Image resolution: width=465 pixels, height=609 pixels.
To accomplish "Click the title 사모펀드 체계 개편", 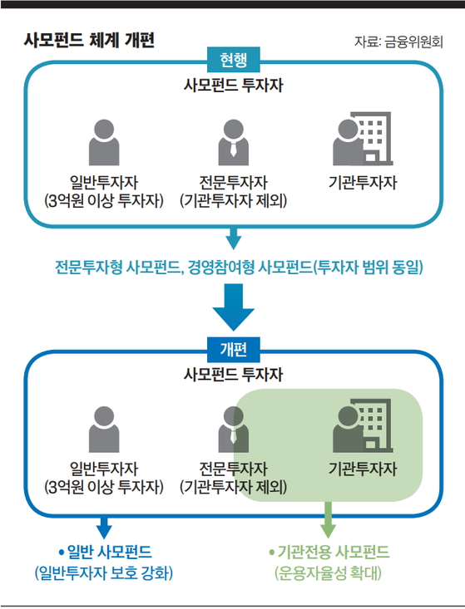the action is coord(90,40).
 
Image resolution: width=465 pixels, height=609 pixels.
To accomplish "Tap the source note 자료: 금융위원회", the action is coord(398,42).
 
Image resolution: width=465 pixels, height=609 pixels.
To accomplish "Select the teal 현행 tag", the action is coord(233,60).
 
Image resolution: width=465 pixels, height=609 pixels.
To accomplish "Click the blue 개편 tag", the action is coord(233,349).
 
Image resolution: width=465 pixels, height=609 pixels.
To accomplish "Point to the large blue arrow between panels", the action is coord(233,307).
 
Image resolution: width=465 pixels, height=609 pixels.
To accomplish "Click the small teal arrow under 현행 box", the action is coord(233,238).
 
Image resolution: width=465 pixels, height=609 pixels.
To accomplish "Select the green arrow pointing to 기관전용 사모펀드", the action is coord(328,519).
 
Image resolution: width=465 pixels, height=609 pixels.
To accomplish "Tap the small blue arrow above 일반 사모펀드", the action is coord(104,528).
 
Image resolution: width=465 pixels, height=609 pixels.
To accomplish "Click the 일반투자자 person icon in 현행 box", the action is coord(104,143).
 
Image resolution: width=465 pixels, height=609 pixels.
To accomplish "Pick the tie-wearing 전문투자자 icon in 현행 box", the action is coord(233,143).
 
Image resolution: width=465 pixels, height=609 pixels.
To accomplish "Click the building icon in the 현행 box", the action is coord(363,139).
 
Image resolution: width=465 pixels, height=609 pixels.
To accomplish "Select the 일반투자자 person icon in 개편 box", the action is coord(104,430).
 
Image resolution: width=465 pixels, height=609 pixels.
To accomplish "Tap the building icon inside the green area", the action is coord(363,425).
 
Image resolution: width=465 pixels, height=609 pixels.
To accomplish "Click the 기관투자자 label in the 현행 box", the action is coord(363,182).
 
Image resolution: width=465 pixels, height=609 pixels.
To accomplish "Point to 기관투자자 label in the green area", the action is coord(363,469).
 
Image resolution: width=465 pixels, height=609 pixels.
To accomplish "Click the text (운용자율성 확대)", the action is coord(328,573).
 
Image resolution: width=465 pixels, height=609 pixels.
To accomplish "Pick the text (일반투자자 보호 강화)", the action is coord(104,573).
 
